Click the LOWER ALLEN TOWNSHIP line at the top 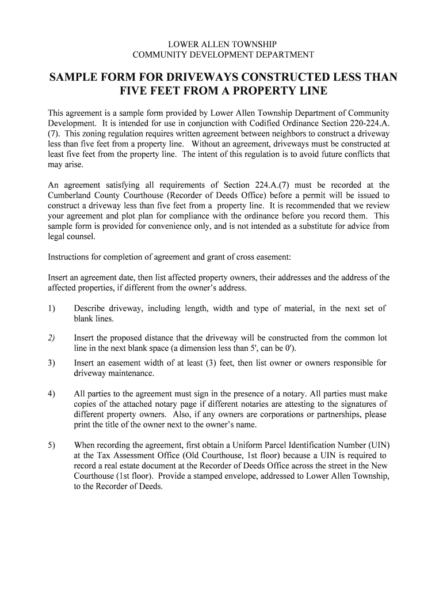click(221, 44)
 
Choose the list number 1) click(52, 309)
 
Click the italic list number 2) click(52, 338)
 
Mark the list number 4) click(52, 394)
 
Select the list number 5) click(52, 445)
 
